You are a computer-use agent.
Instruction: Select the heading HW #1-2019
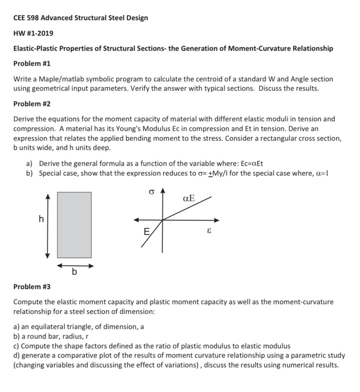click(33, 33)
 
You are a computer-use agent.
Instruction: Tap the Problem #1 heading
click(32, 63)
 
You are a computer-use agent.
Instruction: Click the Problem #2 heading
click(32, 104)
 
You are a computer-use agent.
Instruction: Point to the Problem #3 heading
click(32, 287)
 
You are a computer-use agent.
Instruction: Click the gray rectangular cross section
click(74, 225)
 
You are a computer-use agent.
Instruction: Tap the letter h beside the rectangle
click(41, 219)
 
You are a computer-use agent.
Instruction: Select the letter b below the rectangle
click(74, 272)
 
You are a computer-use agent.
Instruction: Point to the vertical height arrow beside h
click(48, 226)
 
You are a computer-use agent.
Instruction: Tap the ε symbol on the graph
click(209, 231)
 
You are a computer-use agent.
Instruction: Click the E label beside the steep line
click(146, 232)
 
